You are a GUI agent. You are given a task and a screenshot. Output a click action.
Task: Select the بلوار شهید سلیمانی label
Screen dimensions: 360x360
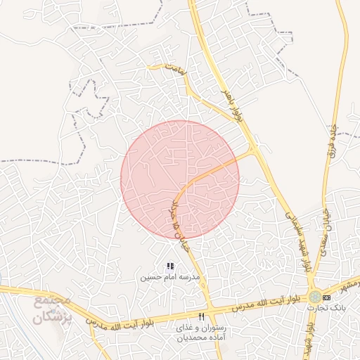(297, 239)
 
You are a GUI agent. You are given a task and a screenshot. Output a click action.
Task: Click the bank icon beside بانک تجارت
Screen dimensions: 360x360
(327, 297)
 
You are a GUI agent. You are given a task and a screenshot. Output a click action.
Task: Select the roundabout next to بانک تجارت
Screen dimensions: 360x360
(316, 297)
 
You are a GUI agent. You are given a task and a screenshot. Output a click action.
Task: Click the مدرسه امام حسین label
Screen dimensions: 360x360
(169, 278)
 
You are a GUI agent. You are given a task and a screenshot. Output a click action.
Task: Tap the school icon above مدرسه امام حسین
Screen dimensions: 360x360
(169, 266)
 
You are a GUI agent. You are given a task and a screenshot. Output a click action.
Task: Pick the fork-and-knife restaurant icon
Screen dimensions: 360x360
(202, 316)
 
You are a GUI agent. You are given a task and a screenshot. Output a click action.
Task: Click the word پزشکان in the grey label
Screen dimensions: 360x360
(53, 317)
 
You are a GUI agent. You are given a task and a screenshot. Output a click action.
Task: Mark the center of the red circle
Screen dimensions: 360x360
(180, 179)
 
